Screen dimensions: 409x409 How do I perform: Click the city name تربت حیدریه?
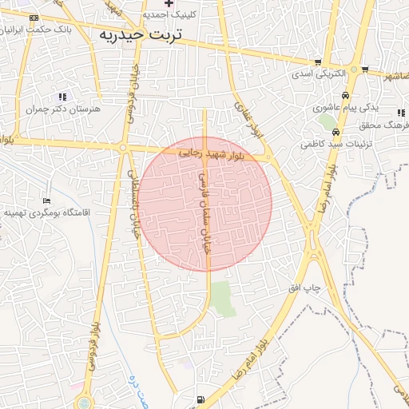click(141, 35)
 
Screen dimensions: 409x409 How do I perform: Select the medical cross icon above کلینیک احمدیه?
click(169, 3)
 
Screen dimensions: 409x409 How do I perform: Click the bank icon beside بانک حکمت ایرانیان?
click(33, 18)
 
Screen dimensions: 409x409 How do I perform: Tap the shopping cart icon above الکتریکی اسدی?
click(318, 62)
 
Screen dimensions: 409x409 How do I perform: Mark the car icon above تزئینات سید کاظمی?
click(336, 132)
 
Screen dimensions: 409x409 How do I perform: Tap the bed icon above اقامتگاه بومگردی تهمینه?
click(47, 201)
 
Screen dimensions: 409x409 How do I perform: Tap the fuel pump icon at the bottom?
click(200, 399)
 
